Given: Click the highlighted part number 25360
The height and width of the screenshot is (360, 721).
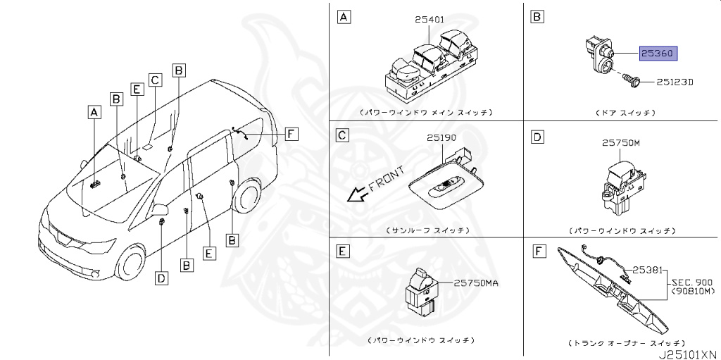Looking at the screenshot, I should click(657, 53).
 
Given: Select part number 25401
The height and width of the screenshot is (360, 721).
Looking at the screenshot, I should click(430, 20).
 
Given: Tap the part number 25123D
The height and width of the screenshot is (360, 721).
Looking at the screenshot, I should click(675, 82).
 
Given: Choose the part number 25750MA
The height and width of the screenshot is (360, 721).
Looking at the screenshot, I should click(475, 283).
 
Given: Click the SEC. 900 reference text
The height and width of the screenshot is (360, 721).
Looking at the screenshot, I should click(690, 279).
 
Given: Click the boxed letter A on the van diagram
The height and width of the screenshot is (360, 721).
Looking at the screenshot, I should click(94, 111).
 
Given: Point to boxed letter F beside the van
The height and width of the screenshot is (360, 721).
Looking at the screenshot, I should click(291, 132).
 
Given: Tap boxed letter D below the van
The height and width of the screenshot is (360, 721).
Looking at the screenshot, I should click(161, 278).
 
